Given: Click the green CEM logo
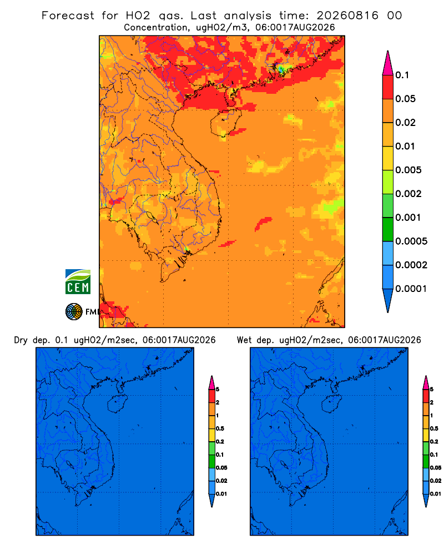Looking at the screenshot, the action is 78,282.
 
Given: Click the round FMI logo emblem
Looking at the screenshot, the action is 74,312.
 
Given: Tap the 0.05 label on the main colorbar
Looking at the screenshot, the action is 405,99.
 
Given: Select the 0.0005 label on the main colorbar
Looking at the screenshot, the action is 411,241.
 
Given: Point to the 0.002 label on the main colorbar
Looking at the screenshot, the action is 408,194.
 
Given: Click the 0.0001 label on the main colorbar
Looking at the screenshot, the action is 411,289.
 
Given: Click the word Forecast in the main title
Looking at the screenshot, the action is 68,16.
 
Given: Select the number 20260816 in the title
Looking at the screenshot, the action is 347,16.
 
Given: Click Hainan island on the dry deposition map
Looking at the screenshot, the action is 117,403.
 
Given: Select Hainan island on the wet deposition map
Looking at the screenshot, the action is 332,403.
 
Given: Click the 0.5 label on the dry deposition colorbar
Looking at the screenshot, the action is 220,428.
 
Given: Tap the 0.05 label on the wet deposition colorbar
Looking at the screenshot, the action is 436,468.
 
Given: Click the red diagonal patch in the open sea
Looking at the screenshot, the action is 264,224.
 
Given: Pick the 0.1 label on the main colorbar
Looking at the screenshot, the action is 402,75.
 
